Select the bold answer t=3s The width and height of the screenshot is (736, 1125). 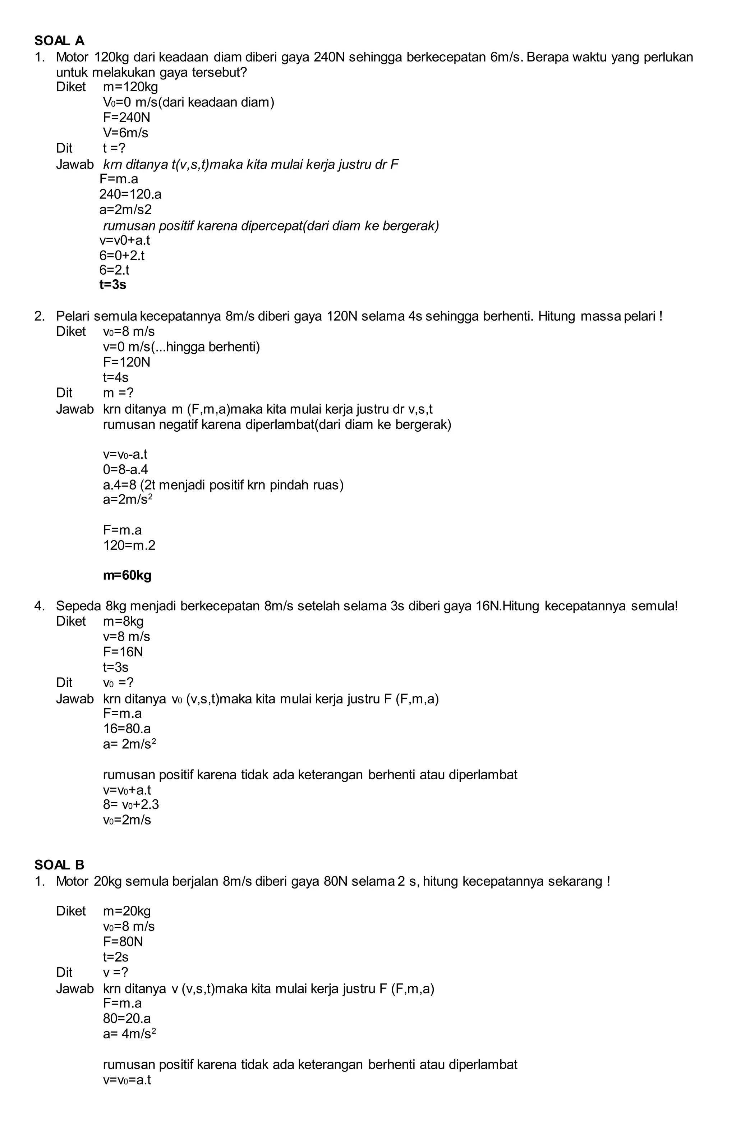(112, 285)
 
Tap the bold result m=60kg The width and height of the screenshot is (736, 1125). (127, 575)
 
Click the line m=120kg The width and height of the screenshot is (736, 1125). (130, 87)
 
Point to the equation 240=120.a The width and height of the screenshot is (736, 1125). (130, 194)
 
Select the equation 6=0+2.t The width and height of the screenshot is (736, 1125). (122, 255)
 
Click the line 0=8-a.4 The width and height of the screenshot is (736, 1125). (125, 469)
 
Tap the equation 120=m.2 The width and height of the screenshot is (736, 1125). (129, 546)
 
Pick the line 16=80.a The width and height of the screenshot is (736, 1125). (127, 729)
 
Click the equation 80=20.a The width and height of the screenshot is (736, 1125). (127, 1018)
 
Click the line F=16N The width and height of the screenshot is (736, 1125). (123, 652)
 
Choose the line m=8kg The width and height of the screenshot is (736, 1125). (123, 621)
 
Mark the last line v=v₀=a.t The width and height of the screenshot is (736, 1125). (127, 1080)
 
